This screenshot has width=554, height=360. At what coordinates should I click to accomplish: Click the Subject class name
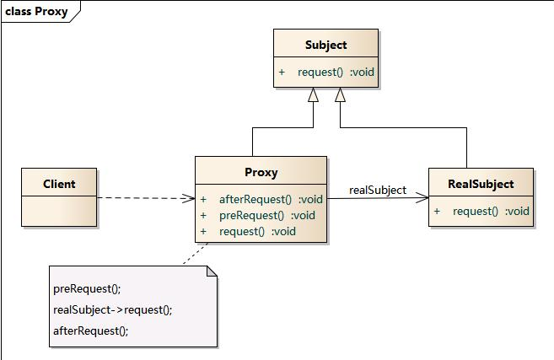325,45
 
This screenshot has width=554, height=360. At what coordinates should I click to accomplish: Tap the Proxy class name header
261,172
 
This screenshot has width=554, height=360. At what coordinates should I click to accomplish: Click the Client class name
59,184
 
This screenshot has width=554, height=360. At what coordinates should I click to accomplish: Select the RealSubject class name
481,184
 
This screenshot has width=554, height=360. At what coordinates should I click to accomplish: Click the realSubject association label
377,190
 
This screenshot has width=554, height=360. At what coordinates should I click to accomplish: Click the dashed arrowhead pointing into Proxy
189,199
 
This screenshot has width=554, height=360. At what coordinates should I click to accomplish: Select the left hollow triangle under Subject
312,96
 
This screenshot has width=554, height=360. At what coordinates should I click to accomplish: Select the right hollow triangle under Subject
340,96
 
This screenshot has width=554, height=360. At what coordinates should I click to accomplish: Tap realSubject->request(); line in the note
112,309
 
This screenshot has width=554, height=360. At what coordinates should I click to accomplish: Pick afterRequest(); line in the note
90,330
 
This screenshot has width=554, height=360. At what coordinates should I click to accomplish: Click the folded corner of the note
212,270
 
